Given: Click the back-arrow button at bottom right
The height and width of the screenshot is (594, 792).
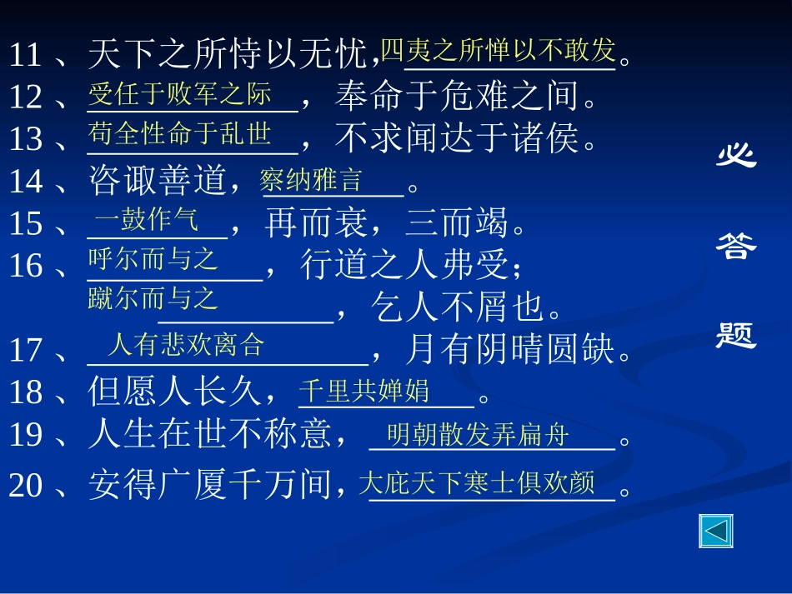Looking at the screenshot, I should coord(716,531).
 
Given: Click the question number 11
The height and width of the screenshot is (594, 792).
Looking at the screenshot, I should coord(26,56).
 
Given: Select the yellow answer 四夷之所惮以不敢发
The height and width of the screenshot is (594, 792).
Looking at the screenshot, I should coord(498,51).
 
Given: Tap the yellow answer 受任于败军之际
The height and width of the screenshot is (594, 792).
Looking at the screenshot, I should coord(180,93).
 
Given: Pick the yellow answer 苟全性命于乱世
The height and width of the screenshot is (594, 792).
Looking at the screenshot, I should coord(180,133).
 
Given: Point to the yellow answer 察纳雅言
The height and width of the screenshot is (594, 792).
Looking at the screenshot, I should coord(310,180).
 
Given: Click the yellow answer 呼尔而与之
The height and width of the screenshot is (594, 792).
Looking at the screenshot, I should coord(153,259).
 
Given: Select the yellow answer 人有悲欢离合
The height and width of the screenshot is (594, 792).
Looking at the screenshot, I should coord(185,344).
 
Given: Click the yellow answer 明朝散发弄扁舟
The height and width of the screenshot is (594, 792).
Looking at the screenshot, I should coord(479,434).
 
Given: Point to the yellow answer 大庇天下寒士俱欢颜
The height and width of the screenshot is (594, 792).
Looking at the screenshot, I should coord(478,483).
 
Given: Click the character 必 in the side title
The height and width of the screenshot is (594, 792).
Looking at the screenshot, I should coord(737,155).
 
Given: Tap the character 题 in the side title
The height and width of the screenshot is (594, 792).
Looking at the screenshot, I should coord(736,335).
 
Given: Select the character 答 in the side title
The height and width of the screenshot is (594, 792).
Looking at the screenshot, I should coord(736,245).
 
